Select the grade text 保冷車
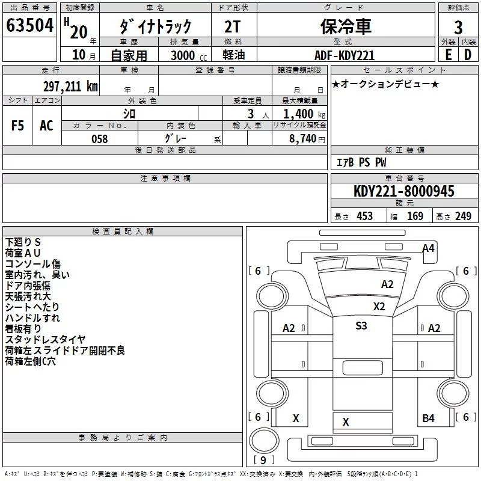(345, 26)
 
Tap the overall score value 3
(458, 28)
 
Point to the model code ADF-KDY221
(345, 55)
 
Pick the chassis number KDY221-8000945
(403, 191)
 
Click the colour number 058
(99, 139)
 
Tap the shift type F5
(18, 126)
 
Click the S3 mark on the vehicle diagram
(361, 326)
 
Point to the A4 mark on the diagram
(428, 248)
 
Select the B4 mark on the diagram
(428, 418)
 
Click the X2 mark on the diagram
(379, 306)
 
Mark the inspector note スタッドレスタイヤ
(46, 340)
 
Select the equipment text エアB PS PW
(361, 162)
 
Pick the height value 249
(462, 216)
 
